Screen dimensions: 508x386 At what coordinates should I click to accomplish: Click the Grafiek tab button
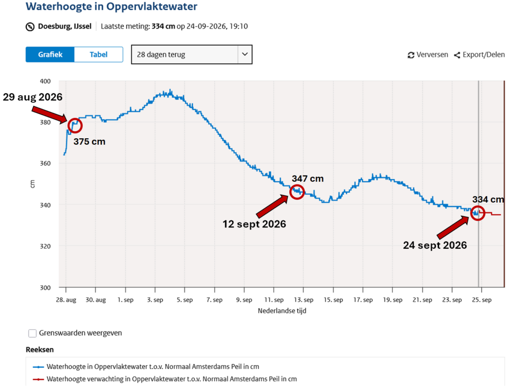pyautogui.click(x=50, y=55)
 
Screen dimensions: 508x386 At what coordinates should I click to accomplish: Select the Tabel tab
pyautogui.click(x=99, y=55)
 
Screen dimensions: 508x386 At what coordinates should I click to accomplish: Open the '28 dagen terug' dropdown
pyautogui.click(x=191, y=55)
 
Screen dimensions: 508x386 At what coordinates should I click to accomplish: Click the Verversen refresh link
pyautogui.click(x=428, y=55)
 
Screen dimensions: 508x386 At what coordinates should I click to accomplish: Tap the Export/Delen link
pyautogui.click(x=479, y=55)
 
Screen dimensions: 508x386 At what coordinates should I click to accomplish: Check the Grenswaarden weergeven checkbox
pyautogui.click(x=32, y=333)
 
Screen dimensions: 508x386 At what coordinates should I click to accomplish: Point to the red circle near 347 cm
pyautogui.click(x=290, y=192)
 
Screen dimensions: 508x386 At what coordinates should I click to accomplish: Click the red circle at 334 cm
pyautogui.click(x=471, y=213)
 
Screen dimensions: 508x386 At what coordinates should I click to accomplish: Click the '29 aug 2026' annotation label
pyautogui.click(x=33, y=97)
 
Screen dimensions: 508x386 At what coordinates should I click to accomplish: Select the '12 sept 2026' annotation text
pyautogui.click(x=254, y=224)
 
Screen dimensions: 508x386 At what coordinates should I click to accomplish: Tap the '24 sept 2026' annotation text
pyautogui.click(x=435, y=245)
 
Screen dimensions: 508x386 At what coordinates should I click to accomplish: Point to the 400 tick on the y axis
pyautogui.click(x=45, y=81)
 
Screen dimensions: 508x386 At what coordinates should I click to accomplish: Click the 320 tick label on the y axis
pyautogui.click(x=45, y=246)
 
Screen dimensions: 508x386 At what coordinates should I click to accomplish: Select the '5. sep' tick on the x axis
pyautogui.click(x=185, y=300)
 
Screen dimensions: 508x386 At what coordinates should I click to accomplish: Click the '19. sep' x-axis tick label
pyautogui.click(x=393, y=300)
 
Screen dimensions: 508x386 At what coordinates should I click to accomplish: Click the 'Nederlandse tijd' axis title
pyautogui.click(x=282, y=311)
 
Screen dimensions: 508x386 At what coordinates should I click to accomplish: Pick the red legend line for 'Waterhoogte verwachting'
pyautogui.click(x=38, y=379)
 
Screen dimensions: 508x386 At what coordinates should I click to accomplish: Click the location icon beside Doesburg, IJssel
pyautogui.click(x=30, y=27)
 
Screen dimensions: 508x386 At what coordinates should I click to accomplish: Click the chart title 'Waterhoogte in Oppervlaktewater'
pyautogui.click(x=112, y=6)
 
